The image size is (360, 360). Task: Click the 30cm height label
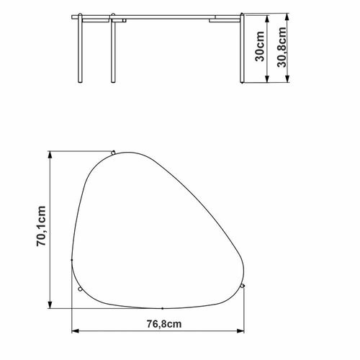pos(259,46)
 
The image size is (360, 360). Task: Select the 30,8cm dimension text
pos(282,48)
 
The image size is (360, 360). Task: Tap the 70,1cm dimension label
pos(41,226)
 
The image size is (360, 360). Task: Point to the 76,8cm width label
pos(164,324)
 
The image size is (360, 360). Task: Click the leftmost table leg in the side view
pos(80,48)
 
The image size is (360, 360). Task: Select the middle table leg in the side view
pos(113,48)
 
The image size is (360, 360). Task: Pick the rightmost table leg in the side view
pos(242,48)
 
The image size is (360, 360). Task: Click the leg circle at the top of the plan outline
pos(113,153)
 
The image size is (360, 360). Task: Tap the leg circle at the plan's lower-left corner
pos(81,289)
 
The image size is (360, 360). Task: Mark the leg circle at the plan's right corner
pos(243,286)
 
